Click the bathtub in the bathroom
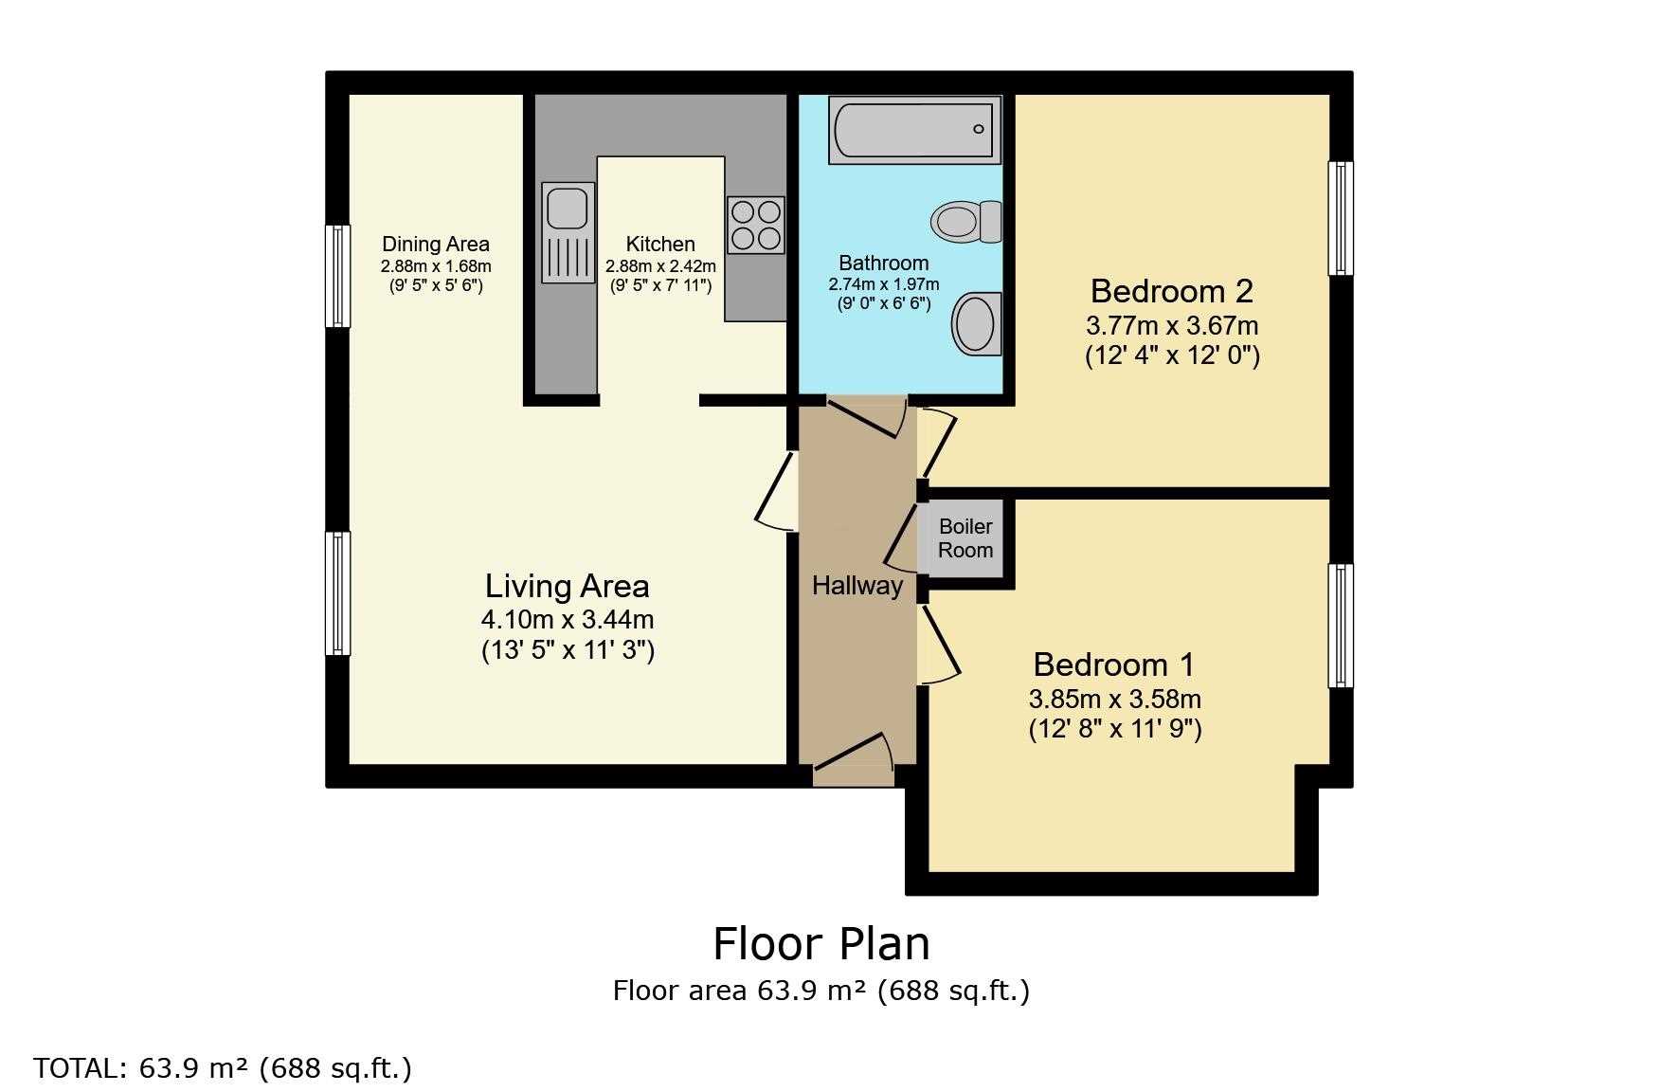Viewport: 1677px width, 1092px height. tap(914, 130)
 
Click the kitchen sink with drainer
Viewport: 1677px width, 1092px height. tap(568, 232)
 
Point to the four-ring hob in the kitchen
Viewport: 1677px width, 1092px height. tap(756, 225)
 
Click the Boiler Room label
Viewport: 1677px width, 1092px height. tap(965, 538)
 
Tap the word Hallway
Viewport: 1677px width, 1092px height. tap(857, 586)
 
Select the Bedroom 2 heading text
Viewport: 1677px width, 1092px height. tap(1172, 290)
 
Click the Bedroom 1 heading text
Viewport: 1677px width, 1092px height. tap(1114, 664)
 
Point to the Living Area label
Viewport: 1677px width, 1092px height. tap(568, 586)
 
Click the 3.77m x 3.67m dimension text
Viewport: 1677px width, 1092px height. tap(1172, 326)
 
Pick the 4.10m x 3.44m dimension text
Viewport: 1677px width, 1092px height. tap(568, 620)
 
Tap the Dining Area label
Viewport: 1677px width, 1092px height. tap(436, 245)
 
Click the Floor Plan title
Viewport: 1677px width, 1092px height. tap(821, 944)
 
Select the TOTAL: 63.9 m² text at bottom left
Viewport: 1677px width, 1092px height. tap(223, 1068)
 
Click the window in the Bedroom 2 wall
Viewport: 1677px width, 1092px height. tap(1341, 218)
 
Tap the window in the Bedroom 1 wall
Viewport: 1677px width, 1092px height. tap(1341, 626)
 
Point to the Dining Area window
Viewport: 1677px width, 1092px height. tap(338, 276)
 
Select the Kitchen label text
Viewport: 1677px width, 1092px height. tap(660, 245)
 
